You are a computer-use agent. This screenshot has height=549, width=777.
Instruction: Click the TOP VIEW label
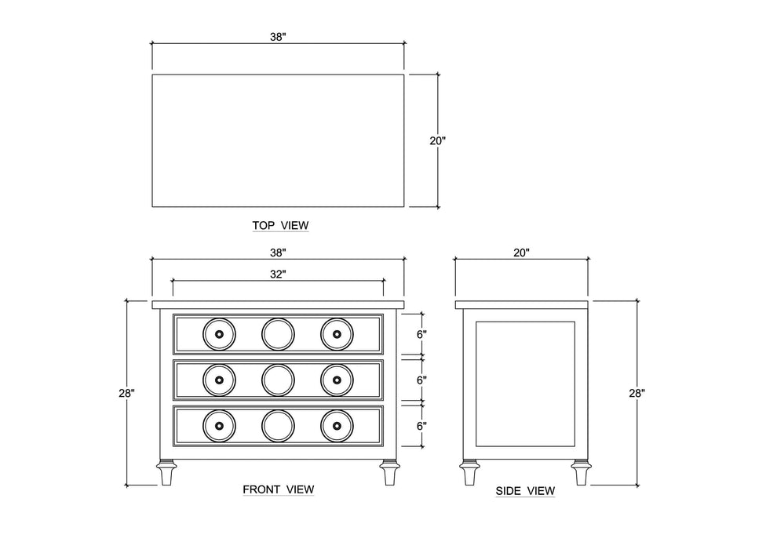[280, 226]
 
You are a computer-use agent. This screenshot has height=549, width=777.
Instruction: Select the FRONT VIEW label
[279, 489]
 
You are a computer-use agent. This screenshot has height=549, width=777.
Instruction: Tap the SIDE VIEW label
[525, 491]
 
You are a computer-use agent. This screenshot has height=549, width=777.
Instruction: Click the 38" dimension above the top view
[278, 37]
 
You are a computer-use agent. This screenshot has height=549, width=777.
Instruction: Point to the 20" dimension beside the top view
[437, 141]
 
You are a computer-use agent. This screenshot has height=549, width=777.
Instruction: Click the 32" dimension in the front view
[278, 274]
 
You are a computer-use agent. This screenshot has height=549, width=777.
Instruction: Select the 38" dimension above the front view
[278, 253]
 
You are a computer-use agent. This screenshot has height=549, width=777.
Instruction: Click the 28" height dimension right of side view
[637, 393]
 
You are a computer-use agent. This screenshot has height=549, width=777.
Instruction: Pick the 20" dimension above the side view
[522, 253]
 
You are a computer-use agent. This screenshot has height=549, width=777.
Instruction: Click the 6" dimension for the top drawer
[421, 334]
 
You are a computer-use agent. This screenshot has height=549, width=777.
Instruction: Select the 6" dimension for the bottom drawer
[421, 426]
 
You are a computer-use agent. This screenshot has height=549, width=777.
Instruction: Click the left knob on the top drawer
[218, 334]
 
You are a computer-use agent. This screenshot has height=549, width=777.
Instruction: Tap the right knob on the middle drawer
[336, 380]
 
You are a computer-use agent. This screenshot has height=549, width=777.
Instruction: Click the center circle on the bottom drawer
[277, 426]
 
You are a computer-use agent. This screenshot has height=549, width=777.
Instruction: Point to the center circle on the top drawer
[277, 334]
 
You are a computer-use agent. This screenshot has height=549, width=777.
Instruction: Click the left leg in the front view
[166, 473]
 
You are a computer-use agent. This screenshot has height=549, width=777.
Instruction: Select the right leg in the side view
[580, 473]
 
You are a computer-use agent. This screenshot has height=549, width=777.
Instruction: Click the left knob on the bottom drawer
[218, 426]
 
